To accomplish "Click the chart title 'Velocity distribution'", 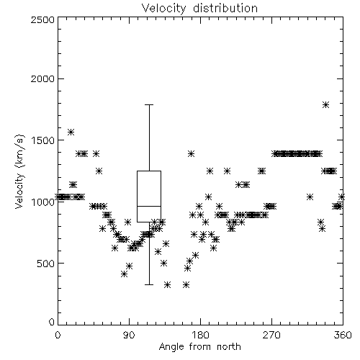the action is [199, 8].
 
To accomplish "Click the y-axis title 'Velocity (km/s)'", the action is [20, 171].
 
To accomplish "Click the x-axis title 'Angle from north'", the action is [199, 347].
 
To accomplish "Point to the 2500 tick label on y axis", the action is [42, 19].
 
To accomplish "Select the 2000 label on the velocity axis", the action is [42, 78].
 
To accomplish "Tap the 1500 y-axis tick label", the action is [43, 140].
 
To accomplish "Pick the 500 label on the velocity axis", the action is [46, 264].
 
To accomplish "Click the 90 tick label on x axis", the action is [129, 335].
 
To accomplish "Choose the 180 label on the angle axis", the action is [200, 335].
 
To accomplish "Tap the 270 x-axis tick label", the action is [271, 335].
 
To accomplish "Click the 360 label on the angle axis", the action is [343, 335].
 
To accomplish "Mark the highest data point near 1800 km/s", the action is [325, 104].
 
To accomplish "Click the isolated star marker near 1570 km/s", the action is [71, 132].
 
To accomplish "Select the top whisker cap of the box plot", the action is [149, 104].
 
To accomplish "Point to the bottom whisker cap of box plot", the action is [149, 284].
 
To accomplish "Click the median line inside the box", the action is [149, 206].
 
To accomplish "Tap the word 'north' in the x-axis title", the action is [229, 347].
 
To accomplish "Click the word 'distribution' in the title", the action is [225, 8].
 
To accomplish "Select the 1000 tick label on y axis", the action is [43, 202].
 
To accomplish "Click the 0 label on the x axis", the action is [58, 335].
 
